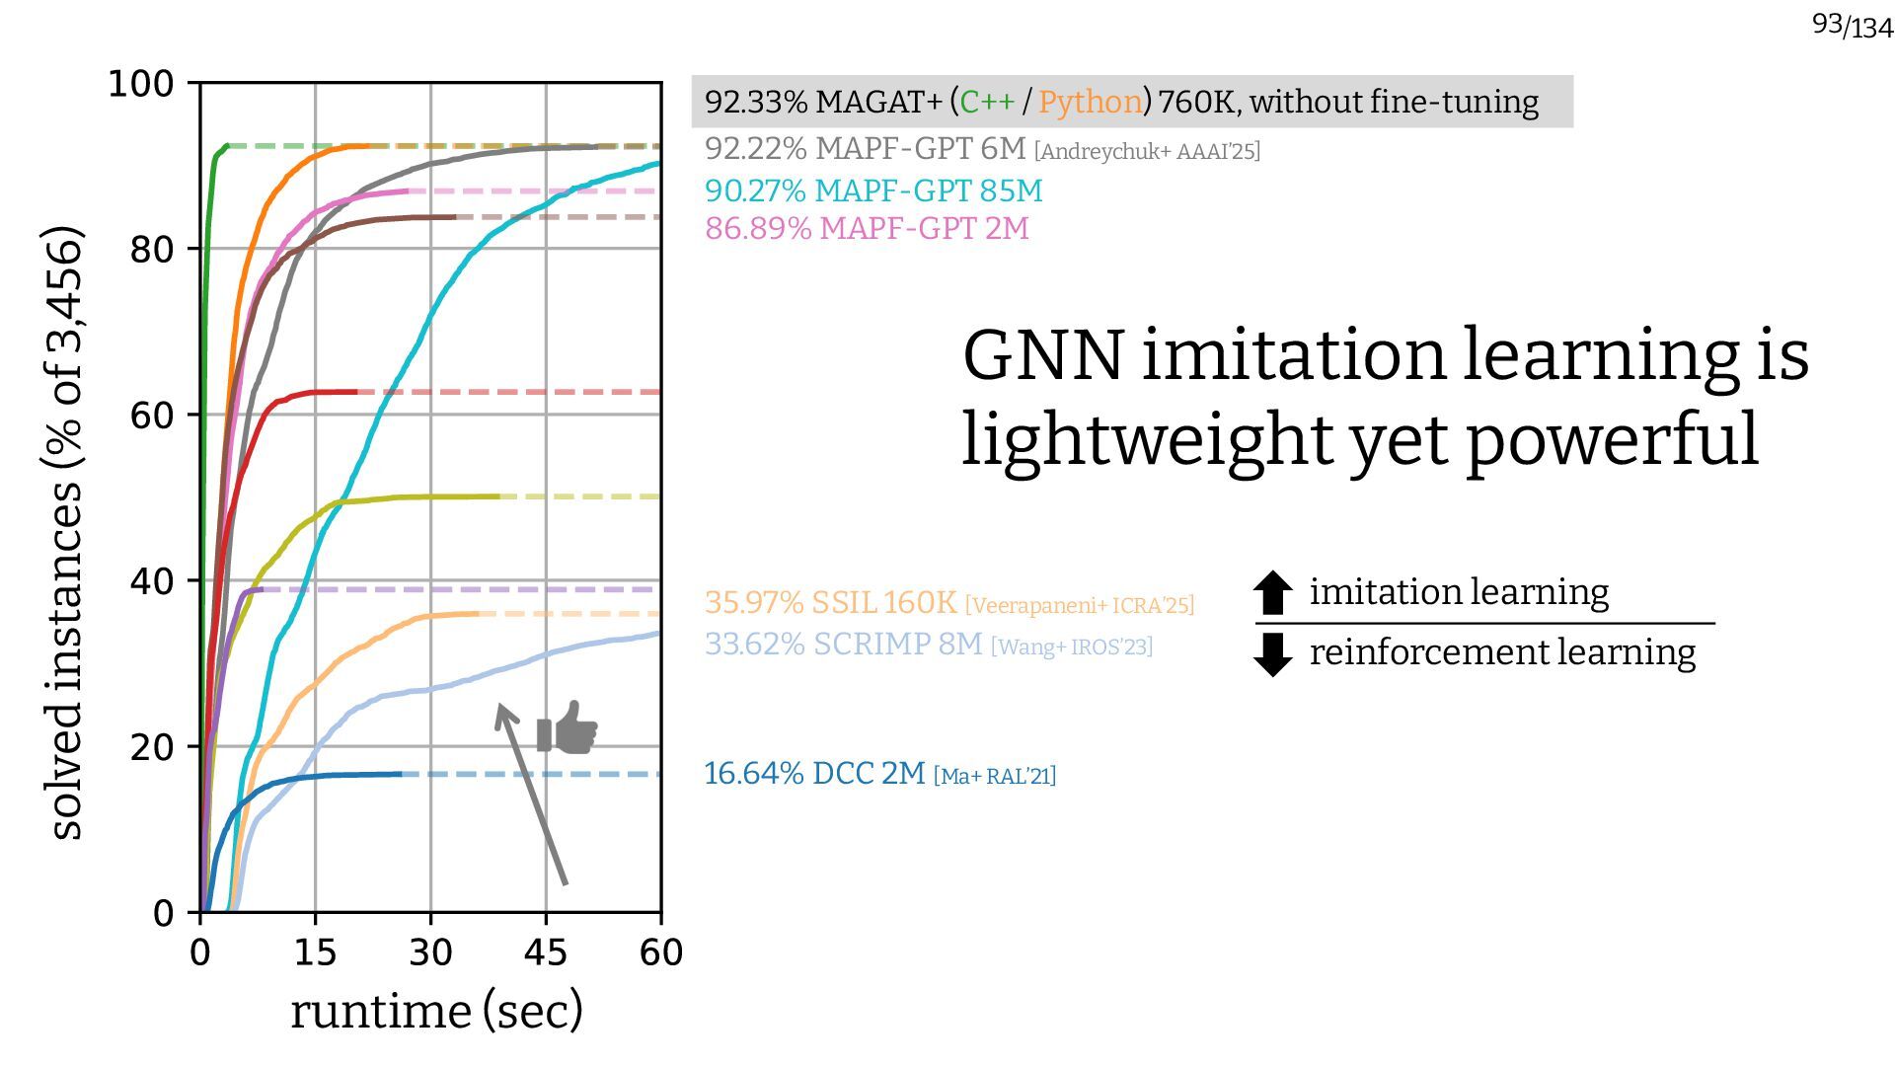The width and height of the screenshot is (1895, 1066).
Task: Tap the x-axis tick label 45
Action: (x=545, y=953)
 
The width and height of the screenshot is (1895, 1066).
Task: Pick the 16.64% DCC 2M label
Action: (x=814, y=774)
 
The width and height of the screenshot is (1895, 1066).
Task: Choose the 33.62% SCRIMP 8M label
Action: (x=843, y=645)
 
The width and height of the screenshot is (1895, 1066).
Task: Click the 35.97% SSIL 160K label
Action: (x=830, y=602)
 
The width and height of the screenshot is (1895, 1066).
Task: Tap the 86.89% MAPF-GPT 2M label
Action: (x=867, y=229)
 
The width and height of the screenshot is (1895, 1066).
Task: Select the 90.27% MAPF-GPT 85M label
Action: (x=873, y=190)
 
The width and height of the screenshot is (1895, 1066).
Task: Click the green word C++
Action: (x=987, y=102)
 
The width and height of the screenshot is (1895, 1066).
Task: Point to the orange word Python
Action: (x=1090, y=102)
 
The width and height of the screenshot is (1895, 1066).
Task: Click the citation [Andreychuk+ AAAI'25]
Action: (x=1147, y=151)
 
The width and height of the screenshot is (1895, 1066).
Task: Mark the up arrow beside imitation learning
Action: (x=1272, y=592)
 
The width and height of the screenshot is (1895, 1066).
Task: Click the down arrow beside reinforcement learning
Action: (x=1272, y=653)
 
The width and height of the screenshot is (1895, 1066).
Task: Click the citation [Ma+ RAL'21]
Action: (x=995, y=776)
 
